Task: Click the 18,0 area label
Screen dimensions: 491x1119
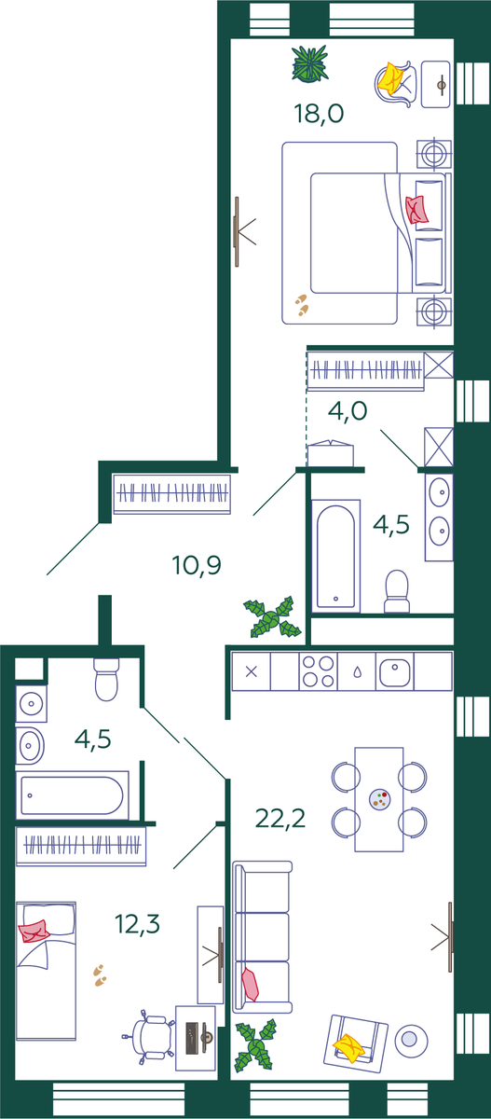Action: pos(319,114)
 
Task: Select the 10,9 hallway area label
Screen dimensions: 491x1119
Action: pos(196,565)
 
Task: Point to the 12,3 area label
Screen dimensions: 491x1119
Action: pos(137,924)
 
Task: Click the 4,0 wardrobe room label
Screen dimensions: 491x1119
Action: pos(348,411)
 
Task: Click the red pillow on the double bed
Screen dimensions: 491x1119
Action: pos(417,209)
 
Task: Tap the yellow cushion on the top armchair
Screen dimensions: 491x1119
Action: pos(390,76)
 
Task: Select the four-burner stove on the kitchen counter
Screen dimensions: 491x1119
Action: pos(319,671)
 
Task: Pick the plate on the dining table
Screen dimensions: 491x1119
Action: pos(380,799)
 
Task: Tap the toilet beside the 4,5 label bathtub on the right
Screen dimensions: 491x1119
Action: pos(397,591)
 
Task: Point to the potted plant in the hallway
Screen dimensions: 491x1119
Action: pos(272,617)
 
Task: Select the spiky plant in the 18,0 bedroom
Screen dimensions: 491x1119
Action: pos(310,63)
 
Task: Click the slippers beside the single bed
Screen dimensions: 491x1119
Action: pos(100,975)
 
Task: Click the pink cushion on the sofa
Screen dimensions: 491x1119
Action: pos(250,984)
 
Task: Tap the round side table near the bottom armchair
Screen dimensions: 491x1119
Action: pos(411,1041)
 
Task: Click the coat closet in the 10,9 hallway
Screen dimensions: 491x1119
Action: pos(172,493)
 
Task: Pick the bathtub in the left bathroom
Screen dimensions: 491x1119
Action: pos(73,795)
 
